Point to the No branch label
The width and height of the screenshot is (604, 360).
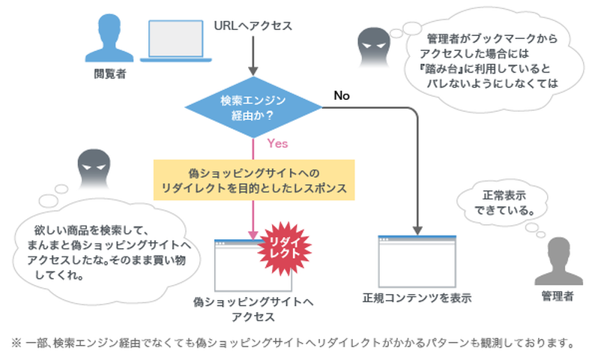[x=342, y=96]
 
